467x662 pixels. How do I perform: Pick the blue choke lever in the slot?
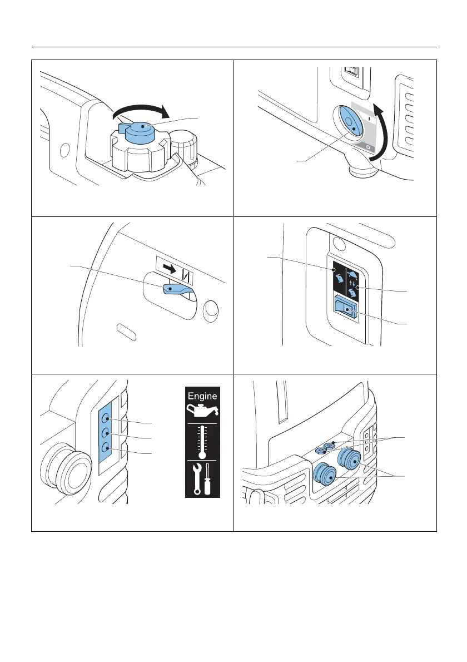176,289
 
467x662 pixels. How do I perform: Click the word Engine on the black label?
202,397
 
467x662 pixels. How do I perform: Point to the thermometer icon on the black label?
202,442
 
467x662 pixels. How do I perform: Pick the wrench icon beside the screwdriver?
195,478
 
